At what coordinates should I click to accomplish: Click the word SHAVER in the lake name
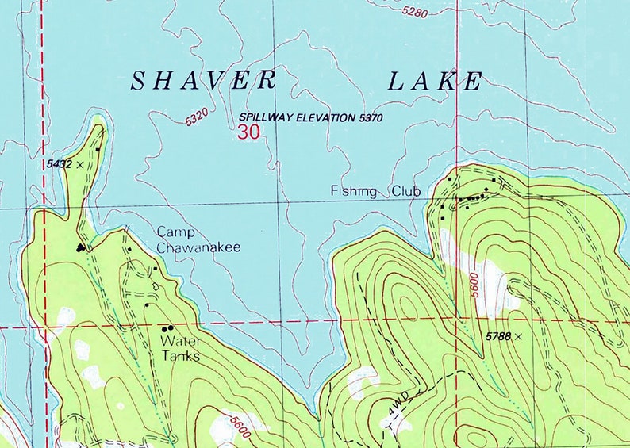coord(204,81)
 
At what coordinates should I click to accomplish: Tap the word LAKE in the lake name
coord(435,81)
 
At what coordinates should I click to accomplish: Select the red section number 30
coord(248,132)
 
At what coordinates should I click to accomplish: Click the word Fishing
coord(354,191)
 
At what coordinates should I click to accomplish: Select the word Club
coord(405,191)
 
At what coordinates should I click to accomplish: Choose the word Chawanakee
coord(198,247)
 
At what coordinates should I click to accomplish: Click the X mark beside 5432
coord(80,163)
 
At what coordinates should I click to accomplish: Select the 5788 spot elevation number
coord(498,337)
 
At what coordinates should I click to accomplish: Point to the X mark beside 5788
coord(519,337)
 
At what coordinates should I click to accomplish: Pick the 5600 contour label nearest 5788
coord(474,285)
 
